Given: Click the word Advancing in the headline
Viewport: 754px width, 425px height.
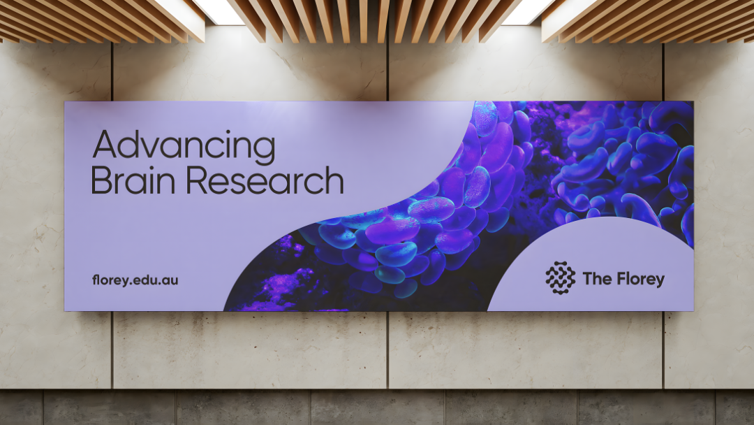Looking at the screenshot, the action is coord(184,146).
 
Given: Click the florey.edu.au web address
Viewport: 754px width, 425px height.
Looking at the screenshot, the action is coord(135,280).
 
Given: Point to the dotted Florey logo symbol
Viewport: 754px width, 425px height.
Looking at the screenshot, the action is coord(560,278).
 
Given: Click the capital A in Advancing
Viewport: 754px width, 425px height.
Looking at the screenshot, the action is coord(105,144).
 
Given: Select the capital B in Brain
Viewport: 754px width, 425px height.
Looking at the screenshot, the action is coord(101,180).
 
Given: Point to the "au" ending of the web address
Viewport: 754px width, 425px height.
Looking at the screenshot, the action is coord(170,281).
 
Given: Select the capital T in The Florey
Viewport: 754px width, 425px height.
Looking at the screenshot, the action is coord(587,278).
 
